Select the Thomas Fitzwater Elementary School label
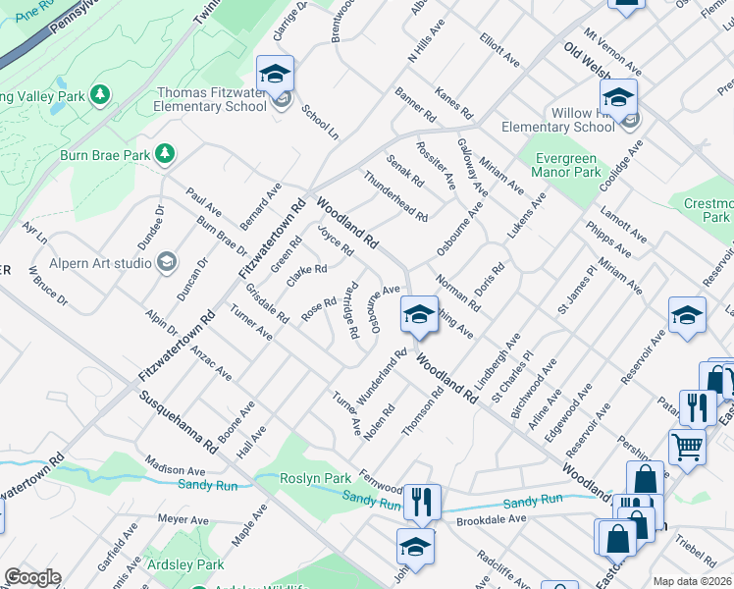(212, 100)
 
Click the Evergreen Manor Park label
(565, 165)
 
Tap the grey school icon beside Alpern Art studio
(166, 262)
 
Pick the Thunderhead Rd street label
(395, 195)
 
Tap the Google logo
(32, 577)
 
